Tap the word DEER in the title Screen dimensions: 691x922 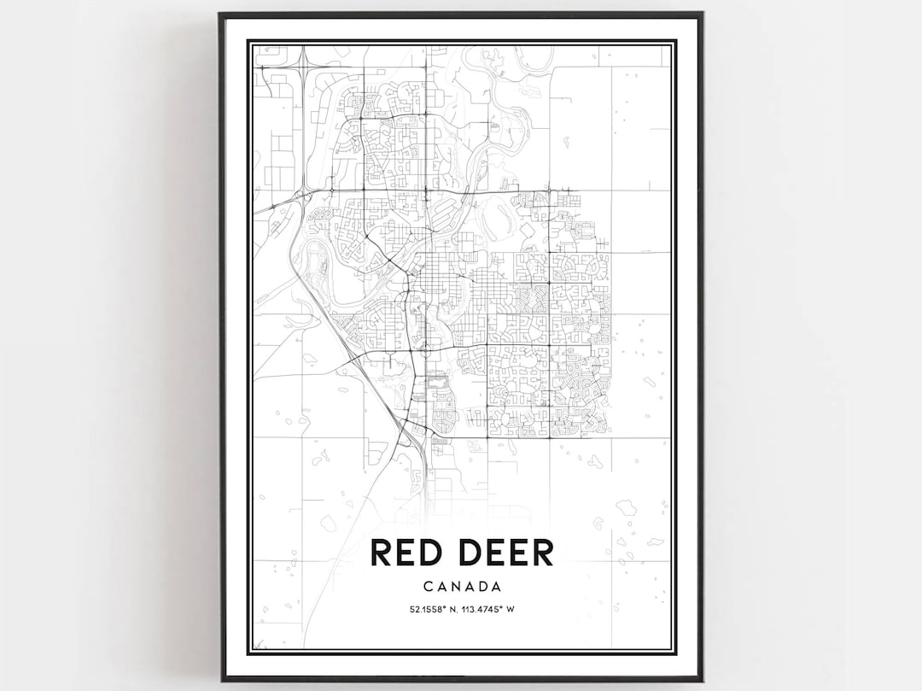(x=505, y=553)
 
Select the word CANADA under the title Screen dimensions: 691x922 (x=461, y=587)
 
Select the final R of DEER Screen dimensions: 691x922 (x=542, y=553)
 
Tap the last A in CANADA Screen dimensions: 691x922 (x=495, y=587)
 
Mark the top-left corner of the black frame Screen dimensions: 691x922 (x=220, y=14)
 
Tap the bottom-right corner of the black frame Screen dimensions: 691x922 (x=702, y=680)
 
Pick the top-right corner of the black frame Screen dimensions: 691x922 (x=702, y=14)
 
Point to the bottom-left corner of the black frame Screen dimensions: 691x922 (x=220, y=680)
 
